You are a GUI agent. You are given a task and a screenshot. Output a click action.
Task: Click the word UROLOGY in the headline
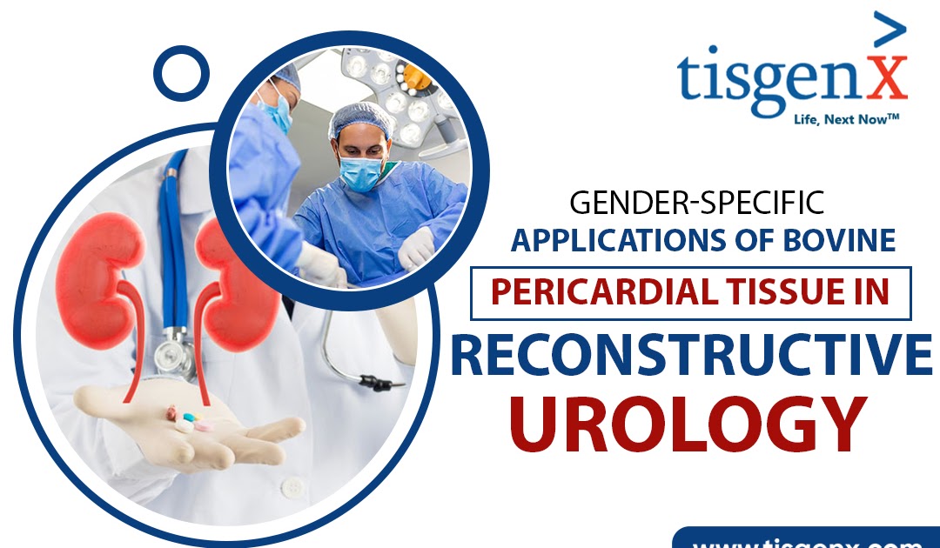[688, 424]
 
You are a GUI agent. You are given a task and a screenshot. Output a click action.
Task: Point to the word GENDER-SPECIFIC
[696, 204]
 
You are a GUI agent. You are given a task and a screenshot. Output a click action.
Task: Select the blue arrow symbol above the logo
[888, 31]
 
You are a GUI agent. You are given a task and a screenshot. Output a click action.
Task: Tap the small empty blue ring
[181, 71]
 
